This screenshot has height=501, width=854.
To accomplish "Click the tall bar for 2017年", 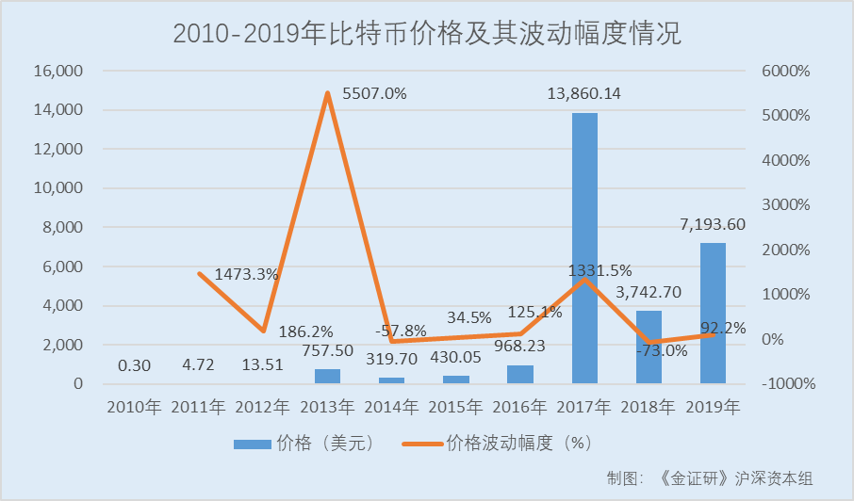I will tap(584, 249).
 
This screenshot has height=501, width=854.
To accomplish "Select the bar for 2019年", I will tap(713, 314).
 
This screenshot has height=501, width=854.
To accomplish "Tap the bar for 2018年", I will tap(649, 347).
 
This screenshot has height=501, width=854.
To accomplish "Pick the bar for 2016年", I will tap(520, 374).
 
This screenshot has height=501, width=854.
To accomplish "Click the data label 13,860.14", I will tap(584, 93).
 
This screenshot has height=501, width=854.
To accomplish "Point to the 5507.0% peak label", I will tap(375, 93).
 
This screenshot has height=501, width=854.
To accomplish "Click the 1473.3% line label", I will tap(246, 274).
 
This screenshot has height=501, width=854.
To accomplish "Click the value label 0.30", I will tap(134, 366).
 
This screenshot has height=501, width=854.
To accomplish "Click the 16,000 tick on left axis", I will tap(57, 71).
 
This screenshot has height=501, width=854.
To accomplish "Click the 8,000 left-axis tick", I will tap(62, 228).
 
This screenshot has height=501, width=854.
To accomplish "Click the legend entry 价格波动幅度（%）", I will tap(504, 442).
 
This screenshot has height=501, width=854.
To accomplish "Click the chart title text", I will tap(427, 34).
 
